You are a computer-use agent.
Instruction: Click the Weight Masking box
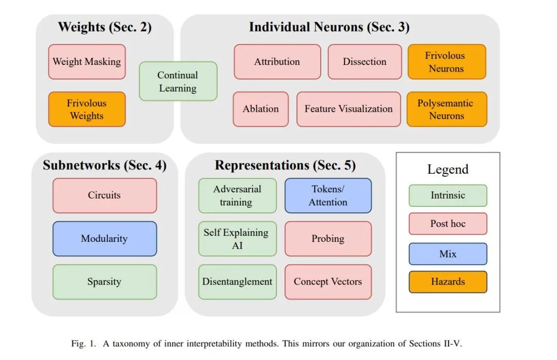click(87, 62)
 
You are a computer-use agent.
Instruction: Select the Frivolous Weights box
click(87, 109)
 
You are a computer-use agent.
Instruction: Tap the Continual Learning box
click(178, 81)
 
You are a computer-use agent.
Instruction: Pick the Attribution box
click(277, 62)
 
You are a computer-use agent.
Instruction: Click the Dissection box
click(365, 62)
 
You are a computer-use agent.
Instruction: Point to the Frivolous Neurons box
click(447, 62)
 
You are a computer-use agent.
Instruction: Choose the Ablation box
click(260, 109)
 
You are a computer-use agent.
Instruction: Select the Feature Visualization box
click(349, 109)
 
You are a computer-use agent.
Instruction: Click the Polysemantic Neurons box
click(447, 109)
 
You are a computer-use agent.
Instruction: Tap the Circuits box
click(104, 195)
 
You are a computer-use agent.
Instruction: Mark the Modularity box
click(104, 239)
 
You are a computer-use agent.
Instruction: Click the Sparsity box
click(104, 282)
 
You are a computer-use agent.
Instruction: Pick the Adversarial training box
click(237, 195)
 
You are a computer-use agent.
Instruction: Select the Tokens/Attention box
click(328, 195)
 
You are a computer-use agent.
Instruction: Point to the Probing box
click(328, 239)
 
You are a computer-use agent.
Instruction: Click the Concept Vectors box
click(328, 282)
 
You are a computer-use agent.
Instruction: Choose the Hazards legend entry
click(448, 282)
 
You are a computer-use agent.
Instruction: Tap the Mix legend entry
click(448, 254)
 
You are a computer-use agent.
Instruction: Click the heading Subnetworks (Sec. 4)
click(105, 166)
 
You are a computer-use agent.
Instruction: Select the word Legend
click(448, 169)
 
